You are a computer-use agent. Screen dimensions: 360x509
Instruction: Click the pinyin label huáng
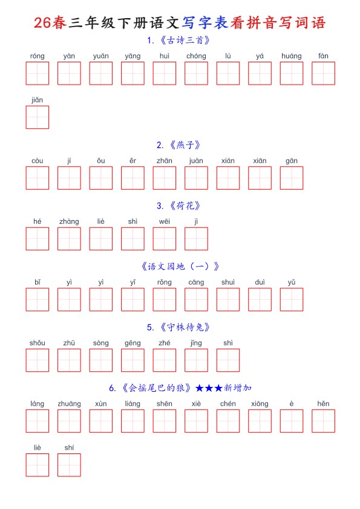point(292,56)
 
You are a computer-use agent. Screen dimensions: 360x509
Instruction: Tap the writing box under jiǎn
point(38,117)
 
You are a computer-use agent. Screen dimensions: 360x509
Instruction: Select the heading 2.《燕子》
point(178,144)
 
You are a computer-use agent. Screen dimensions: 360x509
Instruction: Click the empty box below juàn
point(196,178)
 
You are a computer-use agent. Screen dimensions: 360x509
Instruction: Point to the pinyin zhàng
point(69,222)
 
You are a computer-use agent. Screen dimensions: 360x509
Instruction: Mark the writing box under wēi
point(165,239)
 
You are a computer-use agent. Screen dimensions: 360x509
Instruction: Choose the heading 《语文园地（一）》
point(180,267)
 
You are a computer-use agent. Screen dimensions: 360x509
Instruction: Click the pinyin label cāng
point(196,283)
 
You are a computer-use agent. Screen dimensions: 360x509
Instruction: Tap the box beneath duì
point(260,299)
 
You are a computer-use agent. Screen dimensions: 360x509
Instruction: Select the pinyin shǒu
point(38,343)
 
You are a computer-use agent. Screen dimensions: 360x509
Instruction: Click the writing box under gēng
point(133,360)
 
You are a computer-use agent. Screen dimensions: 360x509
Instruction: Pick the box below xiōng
point(260,421)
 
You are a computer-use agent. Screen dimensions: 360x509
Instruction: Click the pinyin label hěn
point(323,404)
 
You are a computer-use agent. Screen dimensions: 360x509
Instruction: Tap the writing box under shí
point(69,465)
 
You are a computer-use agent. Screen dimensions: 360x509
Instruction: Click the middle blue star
point(209,388)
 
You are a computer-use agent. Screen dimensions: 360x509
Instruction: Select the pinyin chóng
point(196,56)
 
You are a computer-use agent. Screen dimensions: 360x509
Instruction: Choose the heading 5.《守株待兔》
point(178,327)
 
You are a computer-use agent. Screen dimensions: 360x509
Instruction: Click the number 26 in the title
point(42,23)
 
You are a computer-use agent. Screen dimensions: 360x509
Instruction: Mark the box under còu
point(38,178)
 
